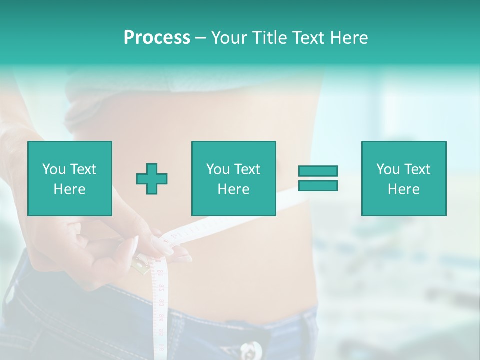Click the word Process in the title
point(157,38)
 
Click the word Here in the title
point(349,38)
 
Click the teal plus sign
point(152,179)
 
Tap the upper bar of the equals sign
point(318,171)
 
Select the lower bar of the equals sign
point(318,186)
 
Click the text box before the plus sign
point(70,179)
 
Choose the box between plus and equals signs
point(233,179)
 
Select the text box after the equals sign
point(403,179)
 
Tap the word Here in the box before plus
point(70,189)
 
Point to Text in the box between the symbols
point(247,169)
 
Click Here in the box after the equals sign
point(403,189)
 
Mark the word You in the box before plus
point(54,169)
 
